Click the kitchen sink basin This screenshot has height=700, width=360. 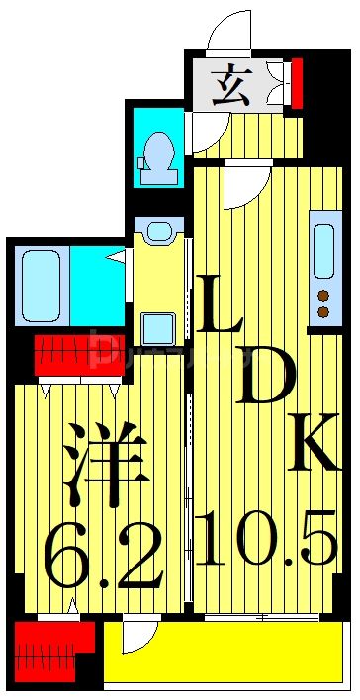pos(323,252)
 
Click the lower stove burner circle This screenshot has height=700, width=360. pos(322,312)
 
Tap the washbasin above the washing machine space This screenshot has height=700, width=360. pos(157,233)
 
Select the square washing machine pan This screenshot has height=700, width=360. pos(157,327)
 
